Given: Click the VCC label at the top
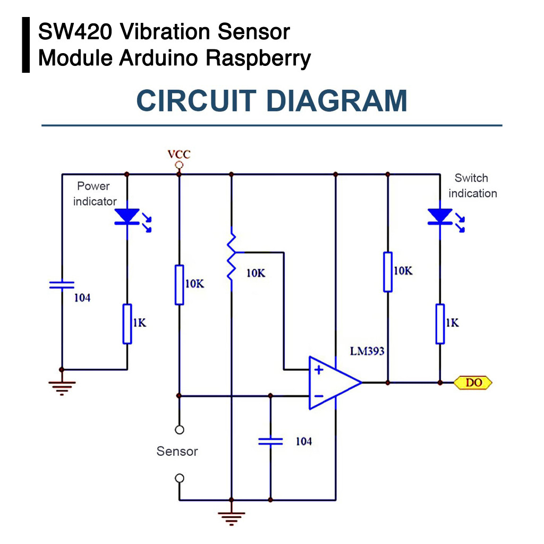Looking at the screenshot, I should pyautogui.click(x=179, y=155).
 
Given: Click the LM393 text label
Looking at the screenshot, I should pyautogui.click(x=367, y=351).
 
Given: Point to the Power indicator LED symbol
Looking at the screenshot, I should pyautogui.click(x=127, y=217).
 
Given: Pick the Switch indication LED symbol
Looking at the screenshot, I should pyautogui.click(x=440, y=217).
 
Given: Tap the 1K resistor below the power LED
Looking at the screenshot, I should pyautogui.click(x=127, y=324).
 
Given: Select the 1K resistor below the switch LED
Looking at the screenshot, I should pyautogui.click(x=440, y=324).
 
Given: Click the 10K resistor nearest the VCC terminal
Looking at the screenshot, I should pyautogui.click(x=180, y=285).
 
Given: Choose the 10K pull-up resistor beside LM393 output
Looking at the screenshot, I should pyautogui.click(x=388, y=272).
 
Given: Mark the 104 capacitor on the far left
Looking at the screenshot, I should pyautogui.click(x=62, y=285).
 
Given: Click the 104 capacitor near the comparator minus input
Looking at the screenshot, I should pyautogui.click(x=270, y=441).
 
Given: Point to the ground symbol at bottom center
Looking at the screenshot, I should pyautogui.click(x=232, y=517).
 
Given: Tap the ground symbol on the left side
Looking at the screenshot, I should pyautogui.click(x=62, y=387).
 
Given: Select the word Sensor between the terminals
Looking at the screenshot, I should pyautogui.click(x=177, y=452).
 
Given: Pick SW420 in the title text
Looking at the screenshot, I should pyautogui.click(x=75, y=32).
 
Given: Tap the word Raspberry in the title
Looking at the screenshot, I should pyautogui.click(x=258, y=57).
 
